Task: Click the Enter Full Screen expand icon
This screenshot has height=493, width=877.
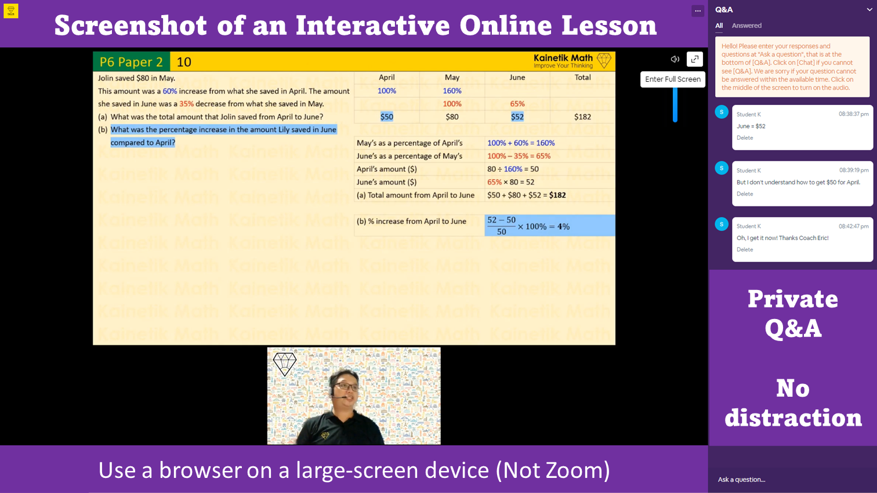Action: [x=694, y=59]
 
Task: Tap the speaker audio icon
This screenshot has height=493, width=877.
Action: [x=675, y=59]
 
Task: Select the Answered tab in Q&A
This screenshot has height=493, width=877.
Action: [x=746, y=26]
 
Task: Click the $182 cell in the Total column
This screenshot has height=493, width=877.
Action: [x=582, y=117]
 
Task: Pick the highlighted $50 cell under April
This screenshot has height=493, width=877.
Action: [x=387, y=117]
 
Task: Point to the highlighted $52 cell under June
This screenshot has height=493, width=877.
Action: [x=517, y=117]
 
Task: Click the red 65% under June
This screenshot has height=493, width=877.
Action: [x=517, y=104]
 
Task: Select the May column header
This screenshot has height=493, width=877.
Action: [x=452, y=78]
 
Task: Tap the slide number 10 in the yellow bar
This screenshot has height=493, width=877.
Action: [x=184, y=62]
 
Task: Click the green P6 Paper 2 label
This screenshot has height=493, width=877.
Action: [x=131, y=62]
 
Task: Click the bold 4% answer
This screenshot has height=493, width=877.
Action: [x=563, y=226]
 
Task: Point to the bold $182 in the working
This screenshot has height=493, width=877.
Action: [x=557, y=195]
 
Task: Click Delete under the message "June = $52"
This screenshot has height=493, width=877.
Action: [x=745, y=138]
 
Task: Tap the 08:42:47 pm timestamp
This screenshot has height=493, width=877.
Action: [x=854, y=226]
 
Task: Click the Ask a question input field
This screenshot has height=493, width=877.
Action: [x=792, y=479]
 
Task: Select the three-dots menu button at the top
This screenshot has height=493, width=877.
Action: [x=698, y=11]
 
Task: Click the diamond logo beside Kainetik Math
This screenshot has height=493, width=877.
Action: [x=604, y=61]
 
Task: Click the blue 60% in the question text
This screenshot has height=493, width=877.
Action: [x=170, y=91]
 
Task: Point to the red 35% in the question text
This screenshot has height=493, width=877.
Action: [x=186, y=104]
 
